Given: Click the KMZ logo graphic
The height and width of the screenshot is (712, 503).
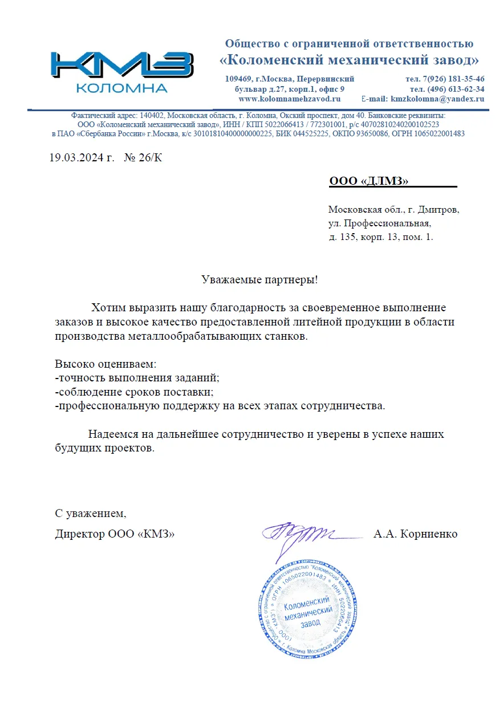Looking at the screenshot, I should [x=121, y=66].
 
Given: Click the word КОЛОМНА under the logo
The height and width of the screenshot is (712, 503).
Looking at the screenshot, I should [x=121, y=88].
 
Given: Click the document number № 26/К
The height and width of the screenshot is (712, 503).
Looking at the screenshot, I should [x=143, y=157].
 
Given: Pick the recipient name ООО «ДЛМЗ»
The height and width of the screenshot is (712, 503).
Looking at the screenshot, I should [x=369, y=181].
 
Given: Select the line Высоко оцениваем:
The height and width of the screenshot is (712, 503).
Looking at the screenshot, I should [x=106, y=364].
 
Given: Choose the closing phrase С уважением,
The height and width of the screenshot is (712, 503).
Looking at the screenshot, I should [x=91, y=514].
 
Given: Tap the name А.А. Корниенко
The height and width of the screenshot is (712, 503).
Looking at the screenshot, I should [x=415, y=534].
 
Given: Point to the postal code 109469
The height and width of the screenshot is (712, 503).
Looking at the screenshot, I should [x=240, y=79].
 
